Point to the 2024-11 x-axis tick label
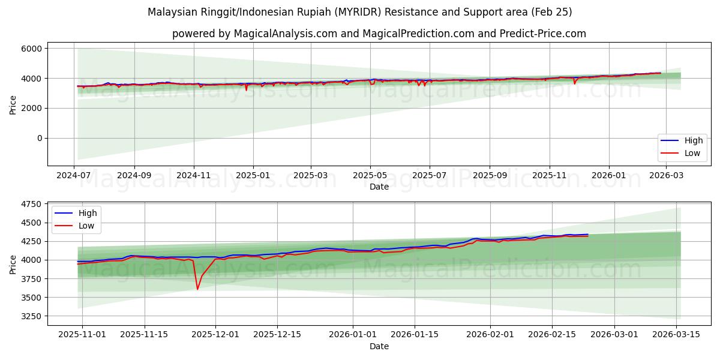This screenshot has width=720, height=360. click(193, 175)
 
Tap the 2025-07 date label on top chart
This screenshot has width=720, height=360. click(429, 175)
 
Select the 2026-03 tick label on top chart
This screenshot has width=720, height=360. click(667, 175)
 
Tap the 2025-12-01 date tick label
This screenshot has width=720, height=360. click(215, 334)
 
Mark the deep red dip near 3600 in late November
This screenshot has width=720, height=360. click(197, 289)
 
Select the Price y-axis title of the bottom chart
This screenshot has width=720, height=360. click(13, 265)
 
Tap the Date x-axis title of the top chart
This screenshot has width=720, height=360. click(379, 187)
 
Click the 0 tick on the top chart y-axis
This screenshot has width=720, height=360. click(40, 138)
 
